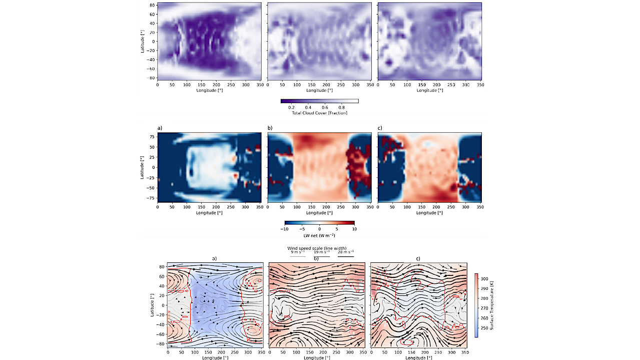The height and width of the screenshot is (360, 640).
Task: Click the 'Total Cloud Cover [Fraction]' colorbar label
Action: (x=319, y=113)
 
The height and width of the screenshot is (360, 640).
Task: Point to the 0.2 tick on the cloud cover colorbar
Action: (x=290, y=107)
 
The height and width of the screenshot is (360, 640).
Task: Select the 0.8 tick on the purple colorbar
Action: (x=341, y=107)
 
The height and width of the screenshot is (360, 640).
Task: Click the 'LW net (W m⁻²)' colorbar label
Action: (x=319, y=235)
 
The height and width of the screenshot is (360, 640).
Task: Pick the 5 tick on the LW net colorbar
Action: (x=337, y=228)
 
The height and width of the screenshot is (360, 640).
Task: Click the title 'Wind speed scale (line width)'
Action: (x=317, y=248)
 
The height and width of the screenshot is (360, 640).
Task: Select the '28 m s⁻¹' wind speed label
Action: (x=345, y=252)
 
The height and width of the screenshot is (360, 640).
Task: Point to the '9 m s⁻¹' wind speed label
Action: (x=298, y=252)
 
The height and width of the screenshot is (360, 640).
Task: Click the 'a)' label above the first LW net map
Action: (x=160, y=128)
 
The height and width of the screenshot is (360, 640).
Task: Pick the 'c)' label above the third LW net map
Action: (x=380, y=128)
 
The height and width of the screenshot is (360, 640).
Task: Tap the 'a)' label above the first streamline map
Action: (x=214, y=258)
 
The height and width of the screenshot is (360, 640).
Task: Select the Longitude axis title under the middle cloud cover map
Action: (x=319, y=90)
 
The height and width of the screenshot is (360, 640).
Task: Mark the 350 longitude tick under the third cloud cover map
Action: (x=479, y=85)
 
